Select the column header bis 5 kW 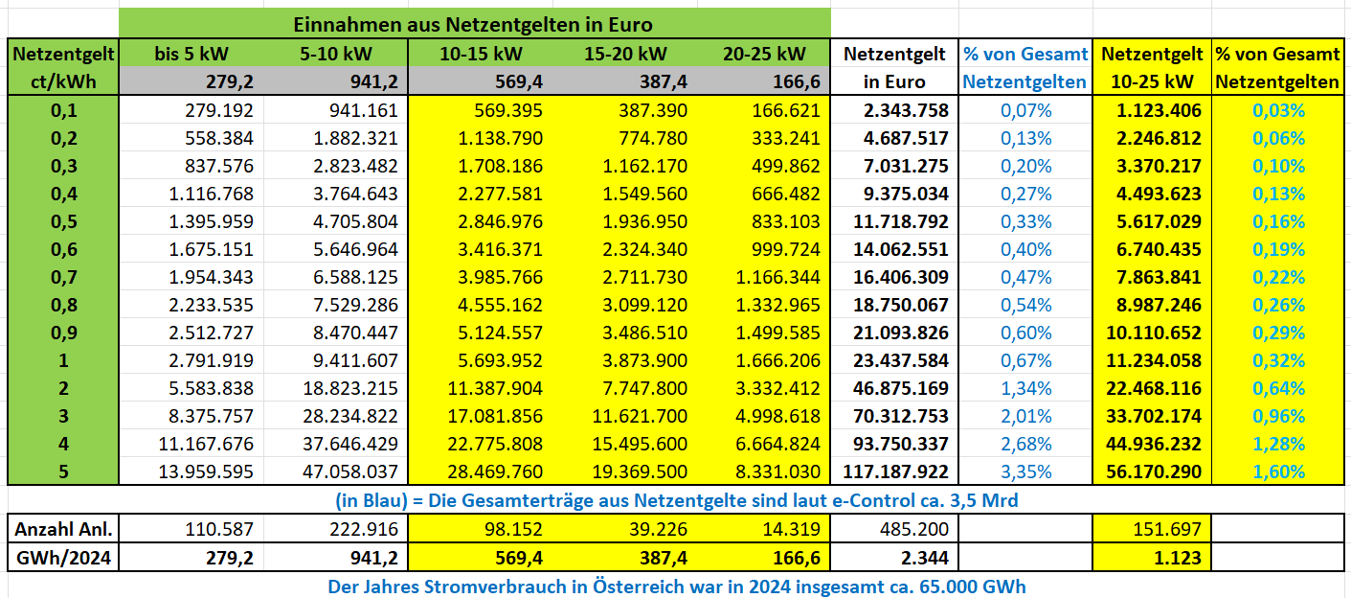(191, 54)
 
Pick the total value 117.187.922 (895, 471)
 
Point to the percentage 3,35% (1025, 471)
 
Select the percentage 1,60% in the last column (1278, 471)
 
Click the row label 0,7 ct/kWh (64, 278)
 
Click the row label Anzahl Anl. (64, 529)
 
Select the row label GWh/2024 (64, 557)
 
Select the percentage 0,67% (1025, 361)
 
